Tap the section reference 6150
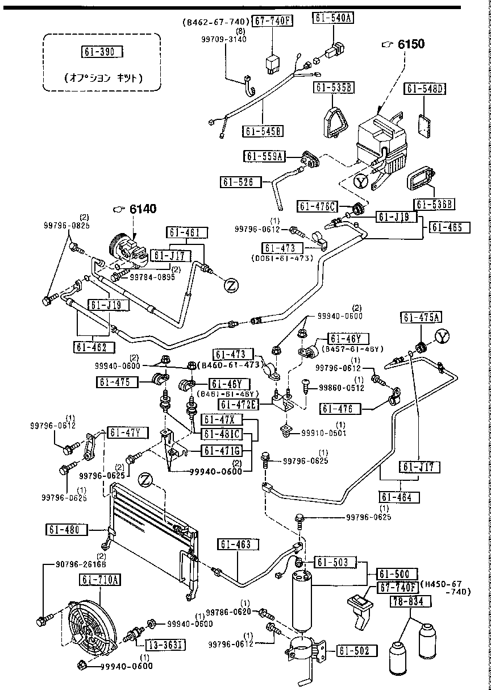[411, 44]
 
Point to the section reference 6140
[143, 209]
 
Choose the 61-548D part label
[425, 89]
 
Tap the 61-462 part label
[94, 347]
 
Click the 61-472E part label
[239, 405]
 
